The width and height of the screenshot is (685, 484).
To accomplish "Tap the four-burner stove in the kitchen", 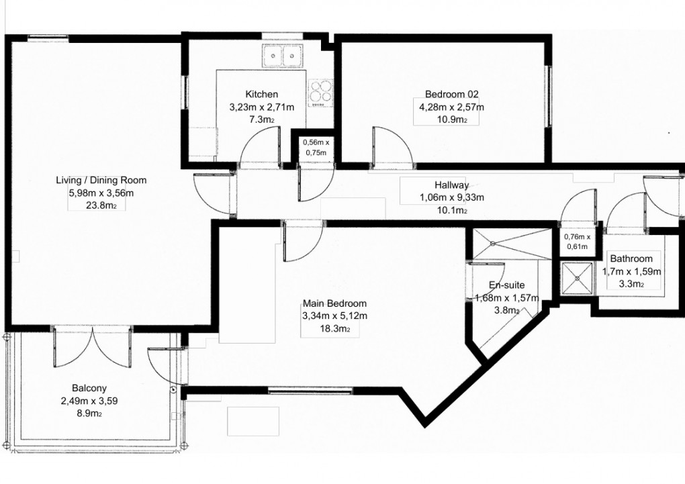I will (321, 93).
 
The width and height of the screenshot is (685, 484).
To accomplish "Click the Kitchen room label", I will (261, 95).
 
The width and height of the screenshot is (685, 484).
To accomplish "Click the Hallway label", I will (451, 185).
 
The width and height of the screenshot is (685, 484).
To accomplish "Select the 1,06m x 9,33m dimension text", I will (451, 197).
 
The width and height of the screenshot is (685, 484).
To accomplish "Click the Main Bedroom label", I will (334, 303).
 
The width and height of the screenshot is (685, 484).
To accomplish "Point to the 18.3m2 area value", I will (334, 329).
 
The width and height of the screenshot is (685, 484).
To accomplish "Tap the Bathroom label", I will (631, 259).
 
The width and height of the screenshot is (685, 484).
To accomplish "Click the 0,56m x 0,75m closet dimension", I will (316, 147).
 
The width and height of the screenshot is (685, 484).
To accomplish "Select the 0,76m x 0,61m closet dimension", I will (576, 241).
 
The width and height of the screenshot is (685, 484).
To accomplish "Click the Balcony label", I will (89, 388).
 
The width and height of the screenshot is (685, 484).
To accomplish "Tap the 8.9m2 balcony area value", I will (89, 414).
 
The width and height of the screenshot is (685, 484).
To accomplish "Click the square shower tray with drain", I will (578, 277).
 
